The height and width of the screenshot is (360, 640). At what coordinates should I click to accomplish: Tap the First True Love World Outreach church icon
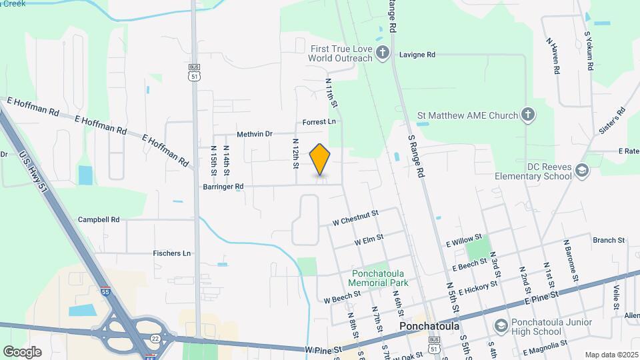383,53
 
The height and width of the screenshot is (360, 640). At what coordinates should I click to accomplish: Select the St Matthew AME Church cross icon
527,115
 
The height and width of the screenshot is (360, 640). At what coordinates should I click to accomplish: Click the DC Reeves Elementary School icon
582,171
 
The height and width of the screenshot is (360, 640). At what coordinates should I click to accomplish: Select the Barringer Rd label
223,187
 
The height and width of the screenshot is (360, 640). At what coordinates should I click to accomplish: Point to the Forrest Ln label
319,122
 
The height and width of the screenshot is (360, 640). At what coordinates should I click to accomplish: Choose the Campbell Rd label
99,219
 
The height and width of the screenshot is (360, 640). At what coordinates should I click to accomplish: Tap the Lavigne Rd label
417,55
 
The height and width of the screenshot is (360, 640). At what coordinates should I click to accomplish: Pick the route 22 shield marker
155,339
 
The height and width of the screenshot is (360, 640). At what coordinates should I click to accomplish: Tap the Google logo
22,351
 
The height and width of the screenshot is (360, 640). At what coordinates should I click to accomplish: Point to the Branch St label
609,240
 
